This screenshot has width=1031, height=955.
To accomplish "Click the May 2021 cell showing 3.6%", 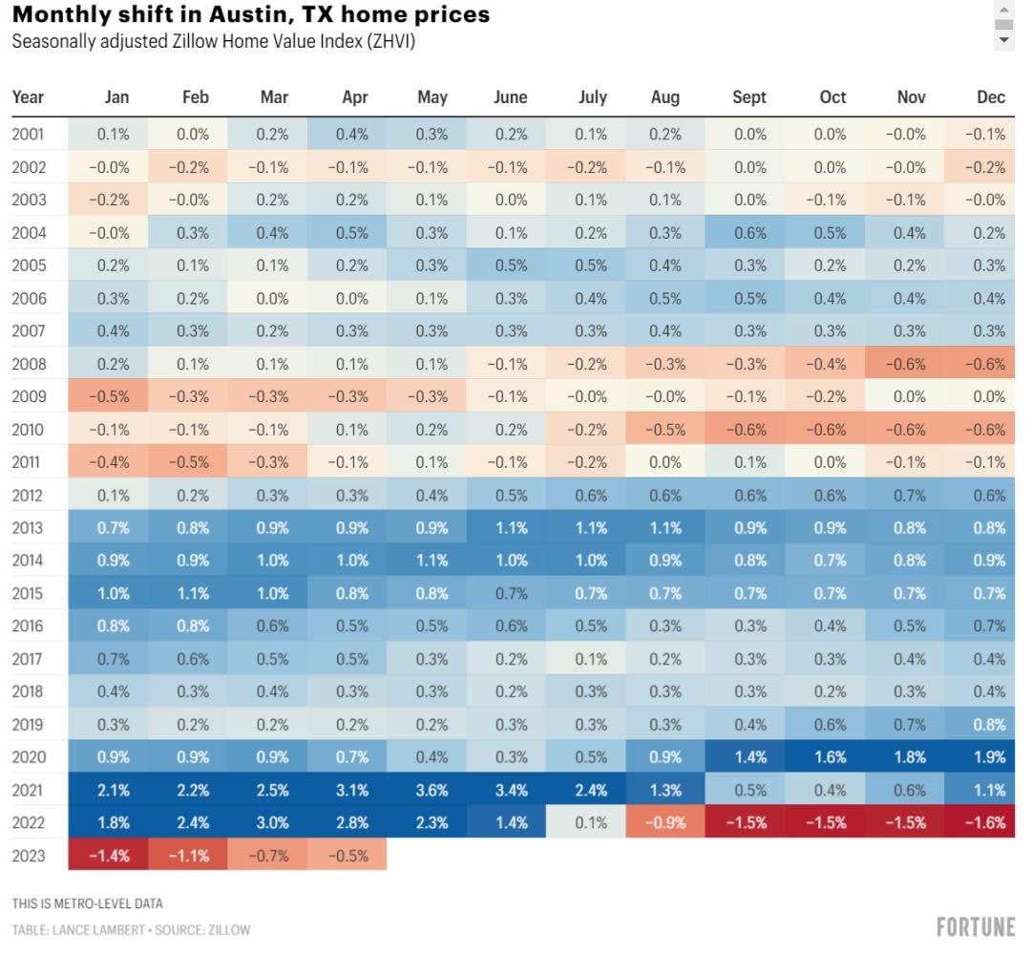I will click(x=431, y=790).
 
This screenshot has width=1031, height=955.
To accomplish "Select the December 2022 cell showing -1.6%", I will click(x=984, y=822).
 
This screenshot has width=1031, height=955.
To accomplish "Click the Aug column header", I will click(x=664, y=97).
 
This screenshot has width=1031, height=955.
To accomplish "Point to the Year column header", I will click(x=28, y=97).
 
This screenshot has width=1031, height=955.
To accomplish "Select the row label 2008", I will click(x=28, y=364).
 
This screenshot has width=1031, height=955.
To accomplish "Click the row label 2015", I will click(x=28, y=593).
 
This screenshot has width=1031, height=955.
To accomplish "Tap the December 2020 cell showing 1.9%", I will click(x=984, y=757).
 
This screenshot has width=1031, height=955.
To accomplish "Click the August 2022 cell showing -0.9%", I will click(x=664, y=822).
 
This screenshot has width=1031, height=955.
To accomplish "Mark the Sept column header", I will click(x=748, y=97).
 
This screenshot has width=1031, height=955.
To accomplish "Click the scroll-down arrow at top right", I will click(x=1003, y=41).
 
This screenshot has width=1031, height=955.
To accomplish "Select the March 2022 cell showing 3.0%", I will click(x=272, y=822).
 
